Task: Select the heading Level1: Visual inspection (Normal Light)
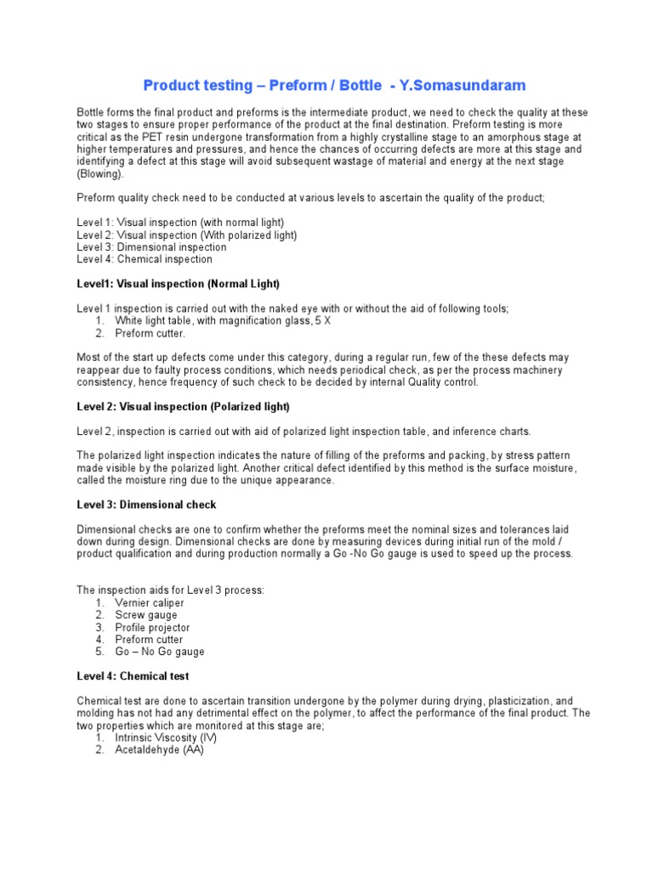pos(178,283)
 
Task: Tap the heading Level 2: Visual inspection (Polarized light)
pos(183,406)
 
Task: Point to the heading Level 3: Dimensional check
pos(146,505)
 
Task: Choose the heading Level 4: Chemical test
pos(133,676)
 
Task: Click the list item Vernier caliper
pos(150,602)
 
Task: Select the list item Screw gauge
pos(146,614)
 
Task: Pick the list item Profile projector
pos(153,627)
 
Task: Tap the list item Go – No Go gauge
pos(160,652)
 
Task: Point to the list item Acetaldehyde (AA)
pos(159,751)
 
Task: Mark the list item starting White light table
pos(213,320)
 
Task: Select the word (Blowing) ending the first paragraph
pos(100,173)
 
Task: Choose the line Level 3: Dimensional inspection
pos(151,247)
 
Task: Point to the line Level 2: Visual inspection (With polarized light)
pos(187,234)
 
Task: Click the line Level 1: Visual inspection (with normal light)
pos(180,223)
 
